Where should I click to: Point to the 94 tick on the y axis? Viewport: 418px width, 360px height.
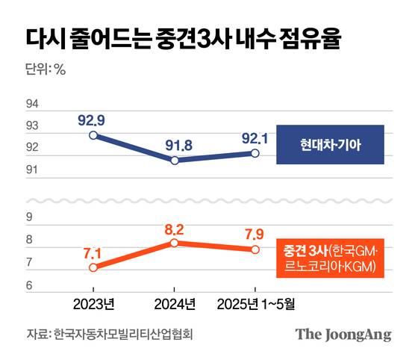coord(32,103)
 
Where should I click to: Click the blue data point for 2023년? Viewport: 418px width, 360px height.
coord(93,135)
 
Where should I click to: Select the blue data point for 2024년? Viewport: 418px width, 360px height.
coord(174,160)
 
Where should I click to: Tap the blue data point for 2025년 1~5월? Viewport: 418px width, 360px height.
coord(255,153)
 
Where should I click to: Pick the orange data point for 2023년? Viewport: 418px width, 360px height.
coord(93,267)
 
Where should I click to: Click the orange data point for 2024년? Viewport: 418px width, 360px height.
coord(174,243)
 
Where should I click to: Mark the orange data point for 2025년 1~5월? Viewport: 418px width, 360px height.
coord(255,249)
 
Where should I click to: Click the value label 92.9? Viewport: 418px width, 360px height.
coord(92,118)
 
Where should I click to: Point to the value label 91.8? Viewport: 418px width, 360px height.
coord(173,143)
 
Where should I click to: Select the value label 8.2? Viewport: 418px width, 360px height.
coord(173,226)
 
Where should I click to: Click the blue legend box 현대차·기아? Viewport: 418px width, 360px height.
coord(329,144)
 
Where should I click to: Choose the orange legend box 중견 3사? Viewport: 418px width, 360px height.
coord(329,258)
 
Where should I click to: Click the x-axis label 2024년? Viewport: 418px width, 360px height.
coord(174,304)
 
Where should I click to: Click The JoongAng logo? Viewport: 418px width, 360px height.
coord(343,334)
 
